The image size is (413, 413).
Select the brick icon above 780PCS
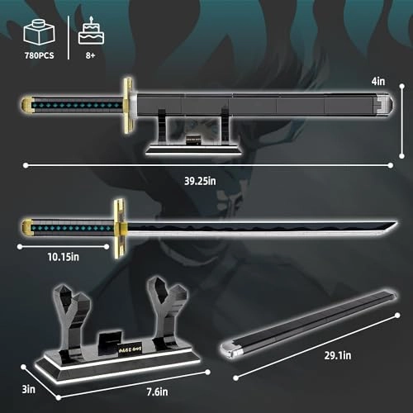tap(40, 34)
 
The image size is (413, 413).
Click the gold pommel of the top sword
tap(28, 103)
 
